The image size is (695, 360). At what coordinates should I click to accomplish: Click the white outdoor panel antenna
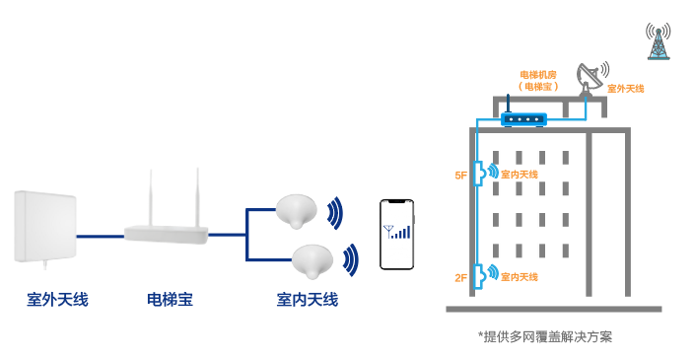click(x=44, y=228)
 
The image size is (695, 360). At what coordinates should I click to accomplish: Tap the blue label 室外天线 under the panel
click(x=57, y=299)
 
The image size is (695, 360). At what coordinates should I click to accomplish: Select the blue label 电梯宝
click(x=169, y=299)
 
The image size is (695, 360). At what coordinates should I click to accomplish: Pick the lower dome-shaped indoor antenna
click(x=311, y=258)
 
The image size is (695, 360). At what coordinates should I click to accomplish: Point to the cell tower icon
click(x=657, y=41)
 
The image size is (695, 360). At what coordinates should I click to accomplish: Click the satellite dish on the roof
click(x=591, y=77)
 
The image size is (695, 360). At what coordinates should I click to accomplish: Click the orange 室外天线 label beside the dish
click(x=625, y=89)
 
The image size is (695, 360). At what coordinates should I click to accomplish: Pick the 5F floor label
click(x=460, y=175)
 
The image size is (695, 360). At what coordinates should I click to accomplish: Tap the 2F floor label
click(x=460, y=278)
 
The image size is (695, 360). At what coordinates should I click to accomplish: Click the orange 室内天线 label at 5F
click(x=520, y=175)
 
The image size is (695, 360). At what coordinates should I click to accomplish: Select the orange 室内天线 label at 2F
click(x=520, y=278)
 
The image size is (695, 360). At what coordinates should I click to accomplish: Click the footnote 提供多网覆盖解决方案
click(x=544, y=336)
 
